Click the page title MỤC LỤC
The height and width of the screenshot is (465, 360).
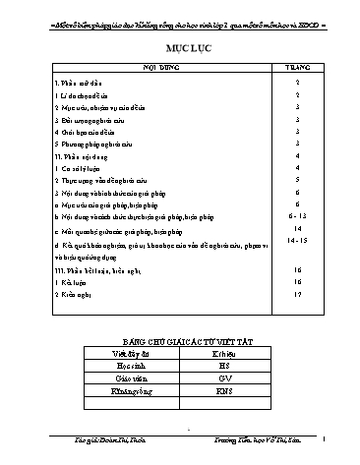click(180, 48)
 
